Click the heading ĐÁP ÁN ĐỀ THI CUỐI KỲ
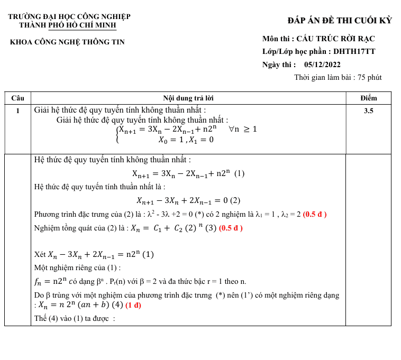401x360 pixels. point(340,21)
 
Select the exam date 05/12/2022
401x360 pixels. point(323,64)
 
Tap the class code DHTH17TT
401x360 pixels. point(354,52)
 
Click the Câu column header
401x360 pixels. point(17,98)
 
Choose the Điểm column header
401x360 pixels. point(368,98)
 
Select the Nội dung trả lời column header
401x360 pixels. point(188,98)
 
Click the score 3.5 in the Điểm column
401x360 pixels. point(368,111)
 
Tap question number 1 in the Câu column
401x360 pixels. point(17,111)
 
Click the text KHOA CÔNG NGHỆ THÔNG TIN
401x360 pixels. point(67,42)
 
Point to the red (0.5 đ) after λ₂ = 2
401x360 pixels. point(314,214)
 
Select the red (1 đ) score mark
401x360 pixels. point(133,305)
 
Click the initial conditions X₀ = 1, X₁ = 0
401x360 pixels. point(186,140)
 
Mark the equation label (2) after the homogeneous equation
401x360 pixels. point(235,200)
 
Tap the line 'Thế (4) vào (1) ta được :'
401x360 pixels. point(75,318)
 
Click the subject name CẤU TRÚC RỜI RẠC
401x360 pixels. point(335,39)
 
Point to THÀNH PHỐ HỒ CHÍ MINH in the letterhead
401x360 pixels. point(67,25)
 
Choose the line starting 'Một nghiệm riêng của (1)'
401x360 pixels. point(77,267)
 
